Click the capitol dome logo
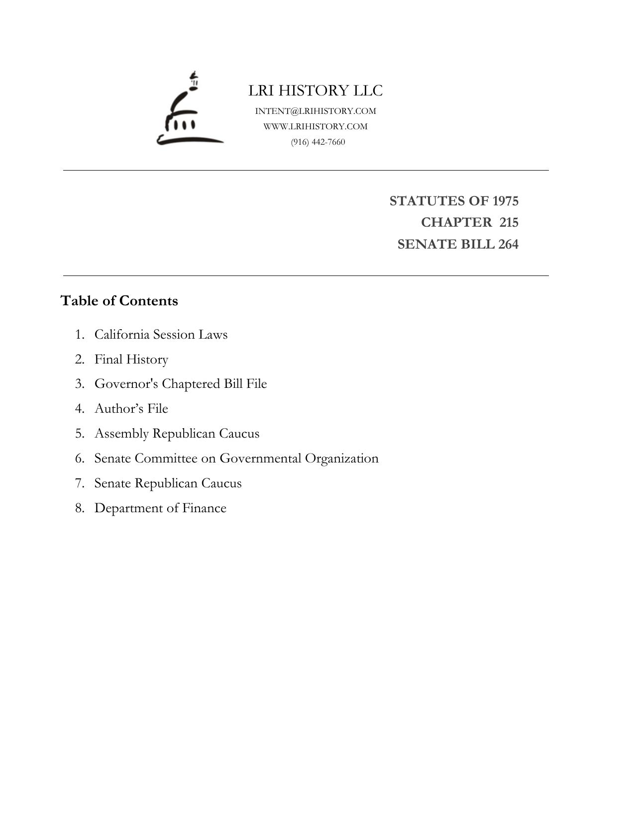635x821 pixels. point(190,110)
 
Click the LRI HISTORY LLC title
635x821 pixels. point(316,91)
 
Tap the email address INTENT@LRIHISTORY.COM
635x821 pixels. point(316,111)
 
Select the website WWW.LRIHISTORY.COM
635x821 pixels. point(316,126)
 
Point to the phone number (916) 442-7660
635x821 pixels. point(318,142)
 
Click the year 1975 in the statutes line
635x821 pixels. point(505,201)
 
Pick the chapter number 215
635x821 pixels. point(509,222)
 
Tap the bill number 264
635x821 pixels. point(508,244)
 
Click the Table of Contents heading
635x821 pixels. point(119,301)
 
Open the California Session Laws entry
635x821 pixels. point(161,334)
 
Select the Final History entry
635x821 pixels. point(131,359)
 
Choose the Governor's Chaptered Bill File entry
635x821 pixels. point(181,384)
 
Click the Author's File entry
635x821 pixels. point(131,408)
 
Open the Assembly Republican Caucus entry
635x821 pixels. point(177,433)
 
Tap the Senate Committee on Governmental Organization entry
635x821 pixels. point(236,458)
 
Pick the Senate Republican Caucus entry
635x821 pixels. point(168,483)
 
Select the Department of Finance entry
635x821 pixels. point(160,508)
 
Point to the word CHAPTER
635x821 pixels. point(456,222)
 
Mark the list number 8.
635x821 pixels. point(79,508)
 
